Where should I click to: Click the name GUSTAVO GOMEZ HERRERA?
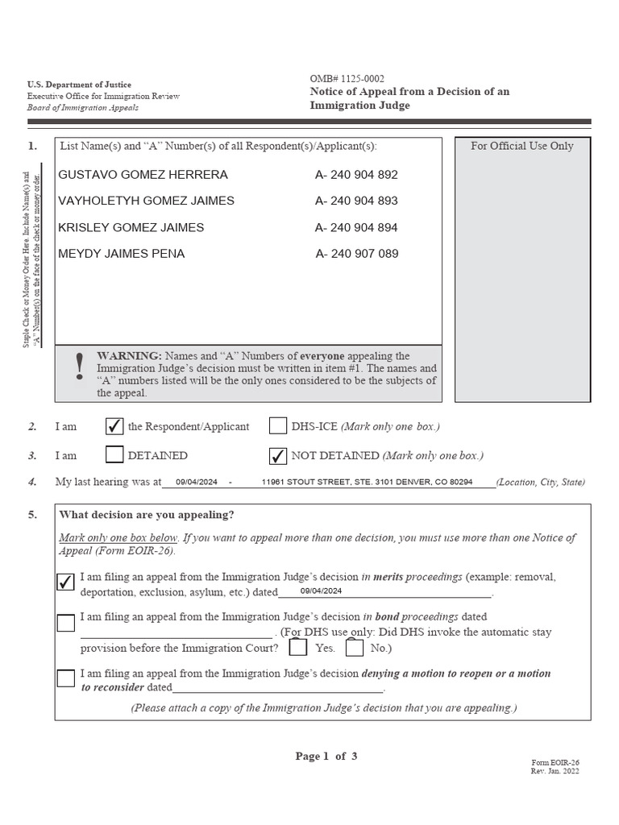(143, 175)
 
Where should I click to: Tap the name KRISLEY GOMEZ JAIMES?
(131, 227)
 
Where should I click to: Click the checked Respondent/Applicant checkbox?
(114, 426)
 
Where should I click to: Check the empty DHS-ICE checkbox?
(278, 426)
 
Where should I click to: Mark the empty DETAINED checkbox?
(114, 455)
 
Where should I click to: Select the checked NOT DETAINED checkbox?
(278, 455)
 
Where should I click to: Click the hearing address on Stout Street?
(367, 482)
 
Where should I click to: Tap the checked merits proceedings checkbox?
(66, 582)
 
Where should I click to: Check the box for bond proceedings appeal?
(66, 623)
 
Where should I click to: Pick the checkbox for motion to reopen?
(66, 678)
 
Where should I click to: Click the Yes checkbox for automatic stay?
(298, 648)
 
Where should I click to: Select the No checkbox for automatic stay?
(355, 648)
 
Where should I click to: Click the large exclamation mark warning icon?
(78, 367)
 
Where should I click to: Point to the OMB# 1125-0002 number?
(347, 79)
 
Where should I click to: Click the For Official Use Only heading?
(521, 146)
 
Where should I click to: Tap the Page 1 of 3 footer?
(326, 756)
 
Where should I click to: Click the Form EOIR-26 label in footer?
(555, 762)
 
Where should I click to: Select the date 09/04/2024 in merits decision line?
(321, 591)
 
